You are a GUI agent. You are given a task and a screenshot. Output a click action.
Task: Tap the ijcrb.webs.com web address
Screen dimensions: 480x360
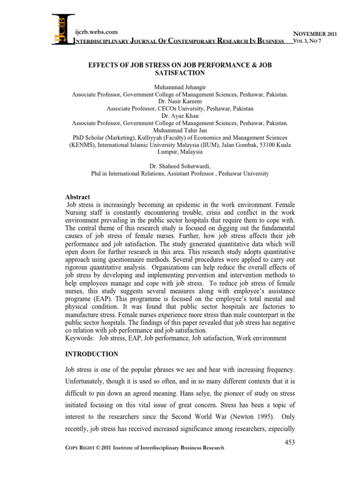coord(97,32)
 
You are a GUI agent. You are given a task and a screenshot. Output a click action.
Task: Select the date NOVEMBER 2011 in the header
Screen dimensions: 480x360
coord(315,33)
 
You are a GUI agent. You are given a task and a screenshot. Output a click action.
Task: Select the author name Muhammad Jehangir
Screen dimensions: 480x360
coord(180,87)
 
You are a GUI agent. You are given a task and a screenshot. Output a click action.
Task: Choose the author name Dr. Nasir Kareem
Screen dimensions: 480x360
coord(180,101)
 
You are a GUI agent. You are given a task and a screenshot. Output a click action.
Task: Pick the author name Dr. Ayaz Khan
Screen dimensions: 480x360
coord(180,115)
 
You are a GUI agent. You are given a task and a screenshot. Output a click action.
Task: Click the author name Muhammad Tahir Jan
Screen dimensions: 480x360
coord(180,130)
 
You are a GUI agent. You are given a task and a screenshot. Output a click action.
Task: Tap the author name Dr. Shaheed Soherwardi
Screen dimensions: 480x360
coord(180,166)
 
